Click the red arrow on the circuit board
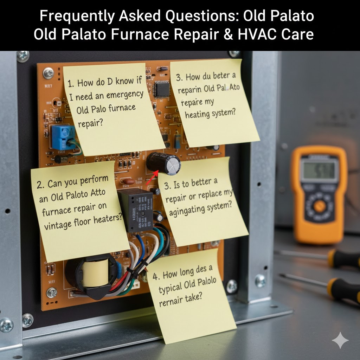tap(151, 178)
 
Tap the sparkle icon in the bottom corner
tap(340, 340)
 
